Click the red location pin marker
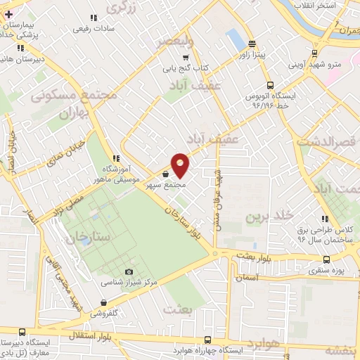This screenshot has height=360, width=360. (x=181, y=165)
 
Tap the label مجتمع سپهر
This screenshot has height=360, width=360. (x=165, y=185)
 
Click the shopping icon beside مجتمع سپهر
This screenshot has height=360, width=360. (x=165, y=174)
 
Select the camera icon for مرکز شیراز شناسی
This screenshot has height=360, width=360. (x=128, y=272)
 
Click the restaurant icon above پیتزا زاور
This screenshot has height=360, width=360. (x=250, y=42)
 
